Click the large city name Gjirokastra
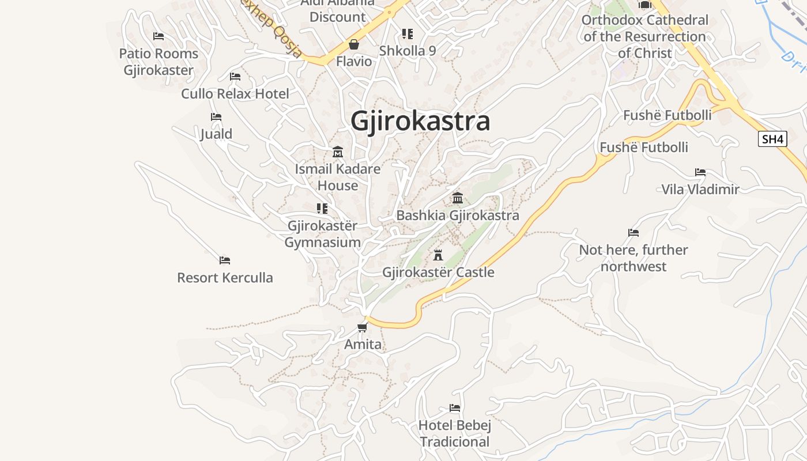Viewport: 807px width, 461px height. pyautogui.click(x=420, y=121)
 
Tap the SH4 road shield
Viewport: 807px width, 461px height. pyautogui.click(x=772, y=139)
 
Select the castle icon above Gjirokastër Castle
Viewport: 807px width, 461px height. pyautogui.click(x=438, y=255)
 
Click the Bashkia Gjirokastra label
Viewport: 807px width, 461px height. pyautogui.click(x=458, y=216)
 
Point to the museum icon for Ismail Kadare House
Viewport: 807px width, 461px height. pyautogui.click(x=338, y=152)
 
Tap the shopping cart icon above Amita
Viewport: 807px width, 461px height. pyautogui.click(x=362, y=328)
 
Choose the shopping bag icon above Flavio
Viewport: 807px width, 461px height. pyautogui.click(x=354, y=44)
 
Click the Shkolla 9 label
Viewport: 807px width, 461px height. pyautogui.click(x=408, y=51)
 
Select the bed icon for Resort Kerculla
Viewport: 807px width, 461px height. pyautogui.click(x=225, y=260)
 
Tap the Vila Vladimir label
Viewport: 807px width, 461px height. pyautogui.click(x=700, y=189)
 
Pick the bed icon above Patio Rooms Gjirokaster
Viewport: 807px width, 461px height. pyautogui.click(x=159, y=36)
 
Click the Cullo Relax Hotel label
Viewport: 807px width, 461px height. pyautogui.click(x=235, y=93)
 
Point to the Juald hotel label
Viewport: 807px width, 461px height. pyautogui.click(x=216, y=134)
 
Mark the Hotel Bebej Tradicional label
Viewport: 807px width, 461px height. pyautogui.click(x=455, y=434)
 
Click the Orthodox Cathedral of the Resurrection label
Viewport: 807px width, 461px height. pyautogui.click(x=644, y=36)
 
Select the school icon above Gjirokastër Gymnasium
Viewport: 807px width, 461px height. pyautogui.click(x=322, y=209)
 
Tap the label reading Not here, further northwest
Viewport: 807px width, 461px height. pyautogui.click(x=633, y=258)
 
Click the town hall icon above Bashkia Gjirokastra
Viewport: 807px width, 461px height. pyautogui.click(x=458, y=198)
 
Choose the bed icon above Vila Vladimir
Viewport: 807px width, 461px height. pyautogui.click(x=700, y=172)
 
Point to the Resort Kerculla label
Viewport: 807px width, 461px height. pyautogui.click(x=225, y=278)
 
